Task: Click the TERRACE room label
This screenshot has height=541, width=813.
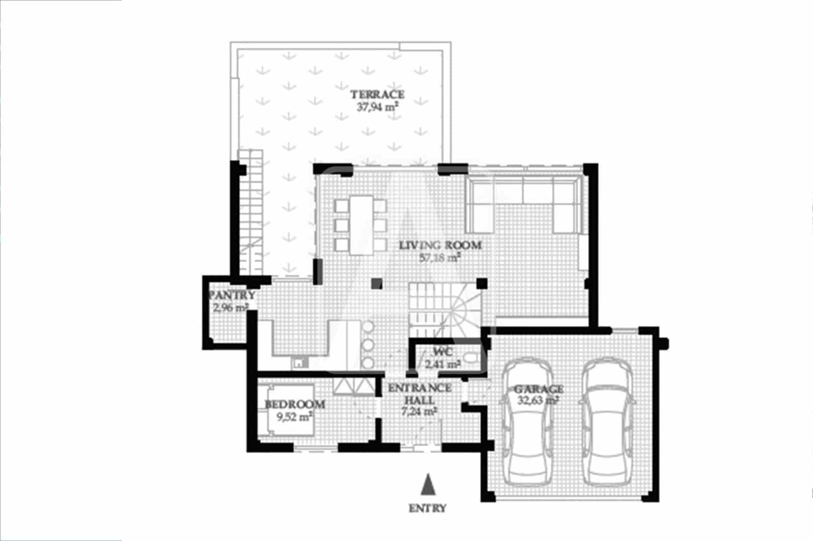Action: point(378,94)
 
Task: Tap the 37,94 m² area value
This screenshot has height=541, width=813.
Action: point(377,107)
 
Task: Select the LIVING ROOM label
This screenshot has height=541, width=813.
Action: point(440,246)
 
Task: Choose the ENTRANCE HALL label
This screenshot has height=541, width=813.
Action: point(420,394)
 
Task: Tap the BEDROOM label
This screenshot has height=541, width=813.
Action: point(295,404)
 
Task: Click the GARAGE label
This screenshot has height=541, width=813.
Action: point(539,389)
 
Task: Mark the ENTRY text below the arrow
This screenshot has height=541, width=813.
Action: point(427,508)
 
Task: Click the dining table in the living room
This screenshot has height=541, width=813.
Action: point(361,224)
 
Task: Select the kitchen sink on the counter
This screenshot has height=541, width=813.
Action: point(298,362)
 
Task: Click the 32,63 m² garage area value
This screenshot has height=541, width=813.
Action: point(538,400)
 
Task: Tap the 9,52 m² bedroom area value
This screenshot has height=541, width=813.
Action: point(294,417)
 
